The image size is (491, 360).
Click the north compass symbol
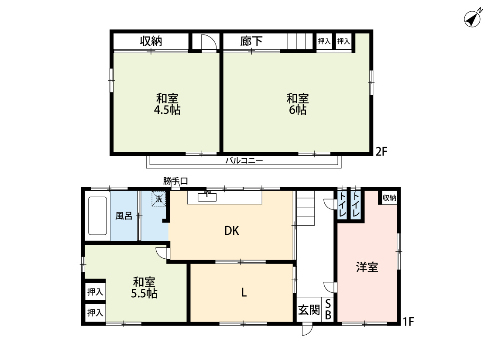pos(473,19)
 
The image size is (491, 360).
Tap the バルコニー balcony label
pos(244,161)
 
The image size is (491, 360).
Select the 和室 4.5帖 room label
pos(167,104)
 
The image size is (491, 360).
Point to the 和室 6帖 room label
pos(298,104)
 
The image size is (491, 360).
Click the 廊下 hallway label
pos(251,41)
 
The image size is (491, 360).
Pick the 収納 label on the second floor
pos(151,41)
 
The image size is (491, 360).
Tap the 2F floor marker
pos(381,151)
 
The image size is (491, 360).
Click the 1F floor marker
pos(409,322)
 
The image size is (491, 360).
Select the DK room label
pos(232,231)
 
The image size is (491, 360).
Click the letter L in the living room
pos(244,293)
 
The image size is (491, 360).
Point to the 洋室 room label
pos(367,267)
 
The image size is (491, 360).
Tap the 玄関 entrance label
pos(309,310)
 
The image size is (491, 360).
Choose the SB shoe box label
pos(328,309)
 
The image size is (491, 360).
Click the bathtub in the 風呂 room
pos(97,216)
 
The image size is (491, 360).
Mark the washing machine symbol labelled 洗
pos(159,199)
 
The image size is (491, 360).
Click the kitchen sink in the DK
pos(207,197)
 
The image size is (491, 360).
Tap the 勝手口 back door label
pos(175,181)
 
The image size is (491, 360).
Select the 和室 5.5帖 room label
pos(144,288)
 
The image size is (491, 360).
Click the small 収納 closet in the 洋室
pos(389,198)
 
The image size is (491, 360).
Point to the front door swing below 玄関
pos(307,329)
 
